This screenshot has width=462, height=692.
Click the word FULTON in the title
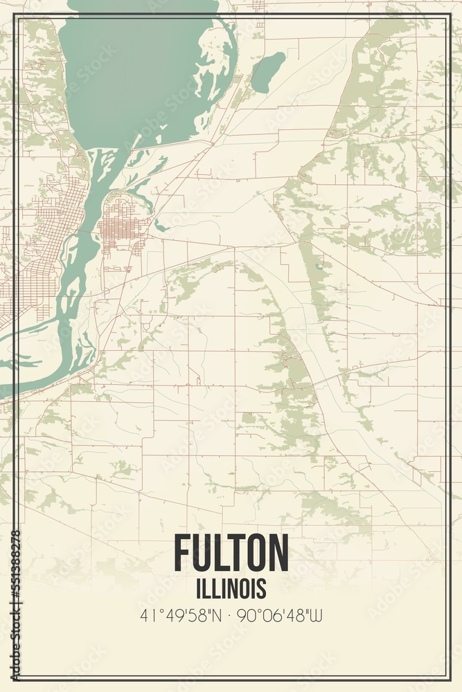pos(231,554)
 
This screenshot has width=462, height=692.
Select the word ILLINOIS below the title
pos(231,589)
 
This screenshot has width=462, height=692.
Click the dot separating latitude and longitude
pos(231,615)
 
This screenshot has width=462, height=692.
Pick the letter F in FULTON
pos(182,554)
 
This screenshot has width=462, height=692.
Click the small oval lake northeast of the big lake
pos(267,71)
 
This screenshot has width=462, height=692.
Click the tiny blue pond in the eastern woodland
pos(319,266)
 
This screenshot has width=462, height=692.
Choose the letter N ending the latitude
pos(220,615)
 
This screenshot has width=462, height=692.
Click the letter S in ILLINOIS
pos(262,589)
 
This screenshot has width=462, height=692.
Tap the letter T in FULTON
pos(236,554)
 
